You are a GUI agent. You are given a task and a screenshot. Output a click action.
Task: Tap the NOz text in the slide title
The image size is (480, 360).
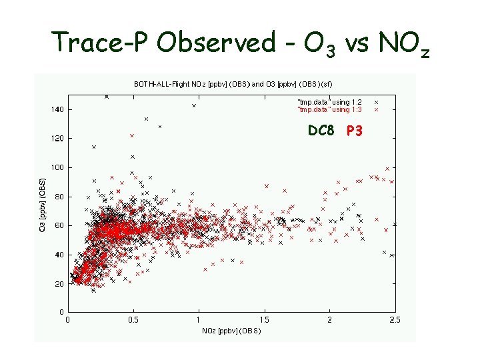[395, 44]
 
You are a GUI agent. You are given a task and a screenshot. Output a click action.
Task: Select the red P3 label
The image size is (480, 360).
[355, 131]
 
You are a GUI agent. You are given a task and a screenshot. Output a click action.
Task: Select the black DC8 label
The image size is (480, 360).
[321, 131]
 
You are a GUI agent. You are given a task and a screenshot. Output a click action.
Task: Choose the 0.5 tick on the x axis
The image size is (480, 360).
[133, 320]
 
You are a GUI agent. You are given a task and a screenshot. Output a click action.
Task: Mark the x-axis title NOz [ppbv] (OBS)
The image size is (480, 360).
[231, 331]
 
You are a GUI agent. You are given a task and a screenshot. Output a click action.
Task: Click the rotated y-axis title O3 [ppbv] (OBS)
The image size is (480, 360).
[43, 197]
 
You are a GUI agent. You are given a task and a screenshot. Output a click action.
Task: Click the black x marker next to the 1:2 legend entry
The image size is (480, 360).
[377, 101]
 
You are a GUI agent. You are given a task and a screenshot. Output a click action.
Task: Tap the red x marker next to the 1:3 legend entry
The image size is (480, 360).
[377, 109]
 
